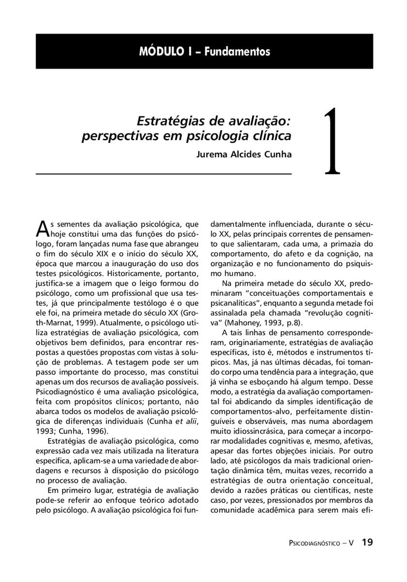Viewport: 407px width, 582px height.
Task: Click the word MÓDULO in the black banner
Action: click(x=160, y=51)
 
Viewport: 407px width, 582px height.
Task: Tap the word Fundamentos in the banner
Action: click(x=237, y=51)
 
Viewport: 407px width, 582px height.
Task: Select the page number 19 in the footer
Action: click(x=367, y=542)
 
